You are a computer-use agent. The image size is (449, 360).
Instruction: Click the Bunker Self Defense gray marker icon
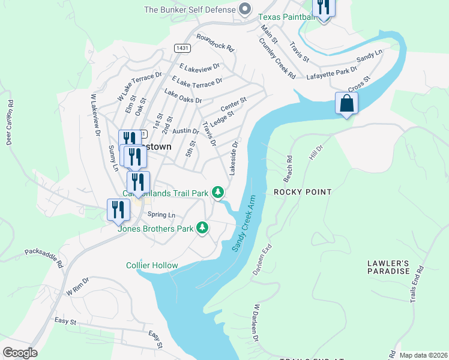tap(244, 10)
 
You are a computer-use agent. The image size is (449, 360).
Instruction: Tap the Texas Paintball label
tap(286, 17)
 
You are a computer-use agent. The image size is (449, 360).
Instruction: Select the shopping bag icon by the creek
tap(346, 103)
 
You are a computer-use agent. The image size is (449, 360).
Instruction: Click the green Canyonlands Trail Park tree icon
tap(219, 193)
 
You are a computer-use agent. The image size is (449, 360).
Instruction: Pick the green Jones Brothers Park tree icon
tap(203, 227)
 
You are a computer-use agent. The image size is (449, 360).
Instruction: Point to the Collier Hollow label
tap(152, 265)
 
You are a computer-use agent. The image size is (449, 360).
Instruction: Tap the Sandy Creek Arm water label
tap(242, 223)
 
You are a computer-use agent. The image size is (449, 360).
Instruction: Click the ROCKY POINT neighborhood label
tap(303, 192)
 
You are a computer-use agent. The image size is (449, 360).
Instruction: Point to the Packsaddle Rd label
tap(43, 257)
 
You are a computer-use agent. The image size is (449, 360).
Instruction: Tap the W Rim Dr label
tap(77, 291)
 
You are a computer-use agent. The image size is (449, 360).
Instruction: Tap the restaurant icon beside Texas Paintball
tap(324, 8)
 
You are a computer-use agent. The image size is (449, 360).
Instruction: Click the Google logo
tap(19, 353)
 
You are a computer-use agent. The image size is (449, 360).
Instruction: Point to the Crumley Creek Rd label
tap(277, 59)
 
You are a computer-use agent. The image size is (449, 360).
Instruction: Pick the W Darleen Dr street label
tap(255, 323)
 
